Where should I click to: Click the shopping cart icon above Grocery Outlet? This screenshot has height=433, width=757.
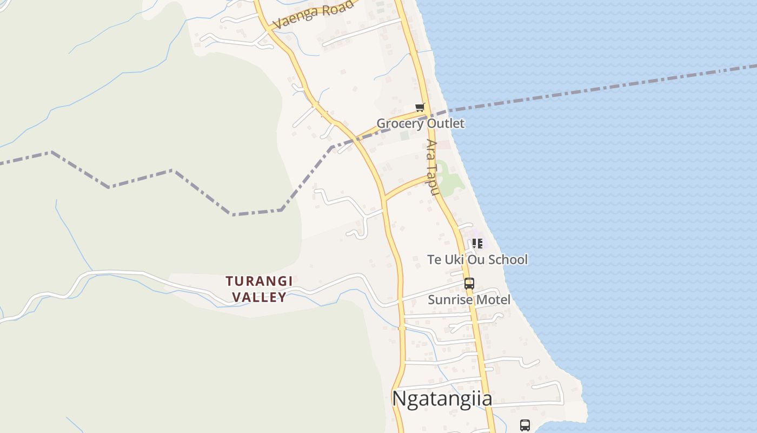[x=420, y=107]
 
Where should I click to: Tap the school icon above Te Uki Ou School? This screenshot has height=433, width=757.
[x=477, y=244]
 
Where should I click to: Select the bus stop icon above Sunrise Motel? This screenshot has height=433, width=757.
[x=469, y=283]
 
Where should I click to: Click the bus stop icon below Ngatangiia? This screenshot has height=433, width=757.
[x=524, y=425]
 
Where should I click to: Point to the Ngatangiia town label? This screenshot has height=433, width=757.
[x=442, y=399]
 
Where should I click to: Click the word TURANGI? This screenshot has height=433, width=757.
[x=259, y=281]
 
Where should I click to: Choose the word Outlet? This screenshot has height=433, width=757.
[x=444, y=123]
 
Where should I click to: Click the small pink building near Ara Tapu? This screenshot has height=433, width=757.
[x=443, y=145]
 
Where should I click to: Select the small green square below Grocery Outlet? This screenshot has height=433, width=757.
[x=404, y=135]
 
